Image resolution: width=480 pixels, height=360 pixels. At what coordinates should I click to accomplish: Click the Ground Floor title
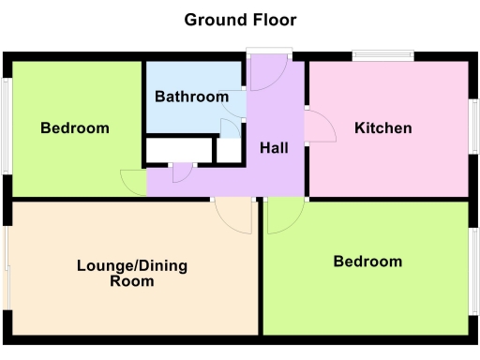point(240,19)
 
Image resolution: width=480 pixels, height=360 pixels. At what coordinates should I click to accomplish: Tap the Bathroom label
point(191,97)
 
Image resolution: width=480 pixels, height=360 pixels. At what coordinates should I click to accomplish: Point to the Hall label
point(274,148)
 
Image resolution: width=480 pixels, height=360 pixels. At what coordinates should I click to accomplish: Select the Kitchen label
point(382,127)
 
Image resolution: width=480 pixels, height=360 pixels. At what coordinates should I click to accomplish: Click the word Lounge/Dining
point(132,265)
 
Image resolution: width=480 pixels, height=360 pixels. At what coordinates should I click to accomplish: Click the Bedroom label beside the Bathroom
point(75,127)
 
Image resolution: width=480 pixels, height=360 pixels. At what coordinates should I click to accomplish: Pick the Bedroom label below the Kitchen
point(367,262)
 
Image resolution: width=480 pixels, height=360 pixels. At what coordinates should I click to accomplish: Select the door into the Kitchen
point(319,127)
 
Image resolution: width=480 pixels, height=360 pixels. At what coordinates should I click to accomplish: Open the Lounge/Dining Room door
point(234,216)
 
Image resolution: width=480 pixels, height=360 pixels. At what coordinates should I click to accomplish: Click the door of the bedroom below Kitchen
point(283,215)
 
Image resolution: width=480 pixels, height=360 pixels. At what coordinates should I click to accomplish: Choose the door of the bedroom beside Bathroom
point(134,181)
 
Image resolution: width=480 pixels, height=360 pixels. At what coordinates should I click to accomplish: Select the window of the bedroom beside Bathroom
point(6,127)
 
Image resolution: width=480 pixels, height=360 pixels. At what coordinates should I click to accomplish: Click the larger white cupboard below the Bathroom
point(178,150)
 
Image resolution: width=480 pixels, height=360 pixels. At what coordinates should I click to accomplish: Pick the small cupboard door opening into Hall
point(182,172)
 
